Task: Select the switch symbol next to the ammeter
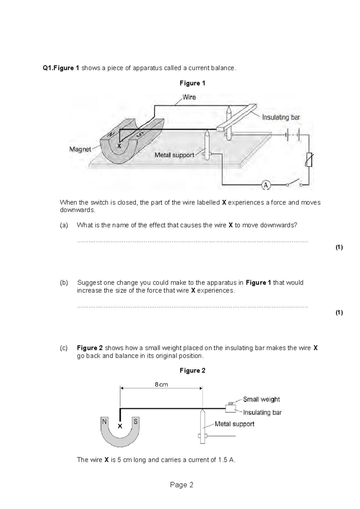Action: [294, 183]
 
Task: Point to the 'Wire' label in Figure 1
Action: [189, 97]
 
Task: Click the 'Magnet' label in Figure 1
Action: [80, 149]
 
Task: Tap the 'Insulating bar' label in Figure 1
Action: [281, 117]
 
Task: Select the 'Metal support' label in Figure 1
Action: [174, 155]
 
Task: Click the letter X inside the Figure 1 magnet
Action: [119, 146]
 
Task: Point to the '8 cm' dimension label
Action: [161, 384]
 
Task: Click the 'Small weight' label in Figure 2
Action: [261, 399]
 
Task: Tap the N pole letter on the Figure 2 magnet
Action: [104, 421]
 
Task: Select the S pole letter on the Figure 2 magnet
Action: [136, 422]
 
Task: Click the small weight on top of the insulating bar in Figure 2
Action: [231, 403]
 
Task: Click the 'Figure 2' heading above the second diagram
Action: [192, 371]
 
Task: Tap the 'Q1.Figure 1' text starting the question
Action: [61, 68]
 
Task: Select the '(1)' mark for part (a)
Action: [339, 247]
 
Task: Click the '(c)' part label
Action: [64, 348]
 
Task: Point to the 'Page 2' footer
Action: [181, 485]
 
